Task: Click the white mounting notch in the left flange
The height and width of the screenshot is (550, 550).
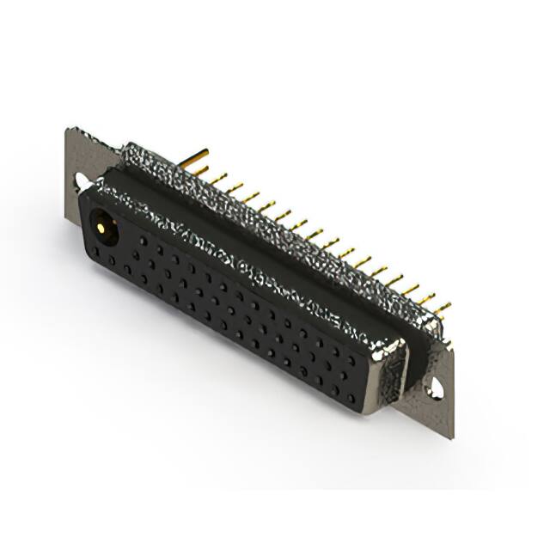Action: click(x=80, y=181)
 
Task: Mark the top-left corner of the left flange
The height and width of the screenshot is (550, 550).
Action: click(x=69, y=130)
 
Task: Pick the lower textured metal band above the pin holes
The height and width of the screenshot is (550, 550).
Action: click(x=258, y=258)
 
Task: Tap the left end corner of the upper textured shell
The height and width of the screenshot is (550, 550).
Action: click(x=123, y=148)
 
